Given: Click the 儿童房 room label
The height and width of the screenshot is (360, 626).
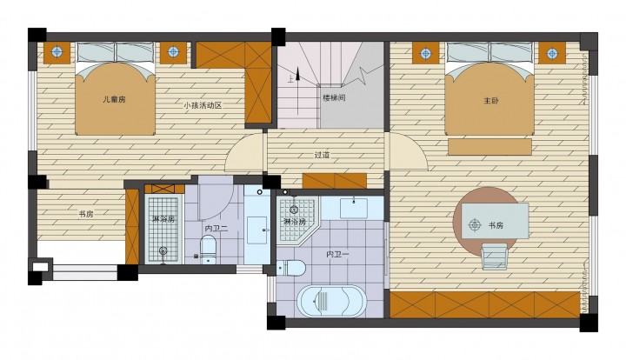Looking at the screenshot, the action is tap(114, 99).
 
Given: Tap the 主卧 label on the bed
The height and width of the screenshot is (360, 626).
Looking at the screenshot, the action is tap(490, 101).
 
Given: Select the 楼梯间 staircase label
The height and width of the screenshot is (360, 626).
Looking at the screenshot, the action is tap(334, 97).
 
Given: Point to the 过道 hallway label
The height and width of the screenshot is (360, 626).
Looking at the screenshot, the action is tap(322, 155).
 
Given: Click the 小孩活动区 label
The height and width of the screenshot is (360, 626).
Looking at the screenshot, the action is tap(203, 106).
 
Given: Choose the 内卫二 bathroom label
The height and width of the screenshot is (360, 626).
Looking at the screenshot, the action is tap(216, 229).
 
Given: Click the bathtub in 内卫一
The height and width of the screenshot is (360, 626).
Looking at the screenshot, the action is tap(331, 301).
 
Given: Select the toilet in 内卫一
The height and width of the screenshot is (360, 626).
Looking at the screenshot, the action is tap(291, 268).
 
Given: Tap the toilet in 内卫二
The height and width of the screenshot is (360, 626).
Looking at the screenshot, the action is tap(208, 250).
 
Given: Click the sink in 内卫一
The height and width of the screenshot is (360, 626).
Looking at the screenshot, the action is tap(354, 208).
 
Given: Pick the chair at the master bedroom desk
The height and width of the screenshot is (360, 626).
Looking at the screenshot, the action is tap(495, 257).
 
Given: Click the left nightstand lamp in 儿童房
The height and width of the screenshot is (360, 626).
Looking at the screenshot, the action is tap(57, 51).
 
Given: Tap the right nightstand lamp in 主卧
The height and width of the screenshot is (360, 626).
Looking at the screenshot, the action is tap(552, 53).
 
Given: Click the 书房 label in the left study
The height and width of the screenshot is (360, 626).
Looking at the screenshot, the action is tap(86, 214).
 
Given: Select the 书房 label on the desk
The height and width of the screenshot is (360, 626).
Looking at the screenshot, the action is tap(496, 225).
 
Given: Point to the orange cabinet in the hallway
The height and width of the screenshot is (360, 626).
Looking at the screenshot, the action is tap(335, 181).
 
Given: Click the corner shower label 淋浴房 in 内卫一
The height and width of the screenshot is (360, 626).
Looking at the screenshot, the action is tap(294, 222).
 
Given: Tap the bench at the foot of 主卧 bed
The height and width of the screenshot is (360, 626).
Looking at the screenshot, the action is tap(489, 146).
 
